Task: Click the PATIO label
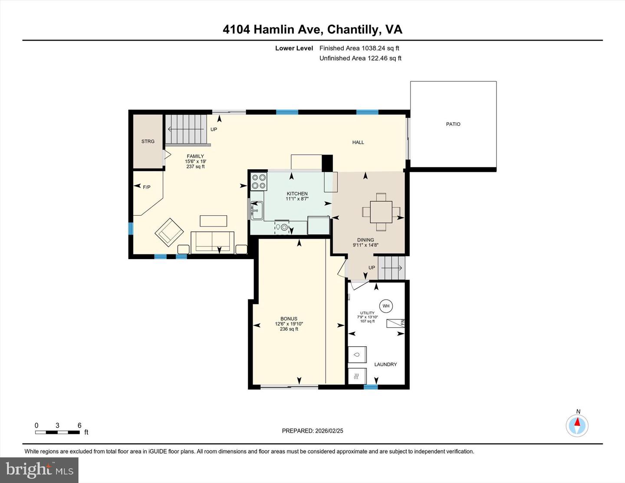click(x=453, y=124)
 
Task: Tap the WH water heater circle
click(x=386, y=306)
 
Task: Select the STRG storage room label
click(x=148, y=141)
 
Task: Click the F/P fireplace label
click(x=147, y=187)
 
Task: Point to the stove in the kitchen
click(x=259, y=181)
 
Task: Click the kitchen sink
click(x=256, y=210)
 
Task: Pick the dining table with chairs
click(x=381, y=212)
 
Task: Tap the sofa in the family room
click(x=213, y=242)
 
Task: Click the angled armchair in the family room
click(x=169, y=231)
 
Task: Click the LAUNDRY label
click(x=385, y=365)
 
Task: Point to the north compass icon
click(x=577, y=425)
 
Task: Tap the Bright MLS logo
click(x=39, y=470)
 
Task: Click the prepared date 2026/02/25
click(x=312, y=431)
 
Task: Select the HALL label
click(x=358, y=142)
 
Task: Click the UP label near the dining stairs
click(x=372, y=268)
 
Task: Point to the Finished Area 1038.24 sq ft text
click(x=359, y=48)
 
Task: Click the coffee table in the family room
click(x=213, y=221)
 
